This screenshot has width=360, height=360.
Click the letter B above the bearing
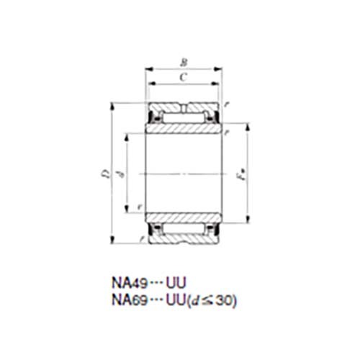point(183,62)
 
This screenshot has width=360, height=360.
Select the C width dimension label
point(183,76)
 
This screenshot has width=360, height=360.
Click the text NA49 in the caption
point(126,283)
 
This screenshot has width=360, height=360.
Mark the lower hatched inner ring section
point(183,217)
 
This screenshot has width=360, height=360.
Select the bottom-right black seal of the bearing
point(214,230)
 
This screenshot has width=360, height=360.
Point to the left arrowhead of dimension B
point(148,70)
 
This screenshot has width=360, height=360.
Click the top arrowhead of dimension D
point(113,105)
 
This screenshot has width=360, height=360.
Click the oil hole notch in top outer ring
point(184,108)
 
